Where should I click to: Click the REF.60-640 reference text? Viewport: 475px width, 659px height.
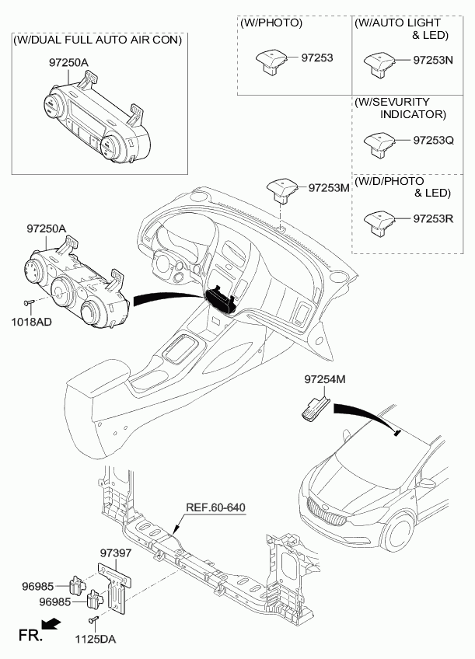215,507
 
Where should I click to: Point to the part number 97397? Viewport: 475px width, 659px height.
117,553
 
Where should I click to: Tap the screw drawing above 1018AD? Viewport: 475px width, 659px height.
28,303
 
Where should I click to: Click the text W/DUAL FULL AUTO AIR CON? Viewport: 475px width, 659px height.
98,39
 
